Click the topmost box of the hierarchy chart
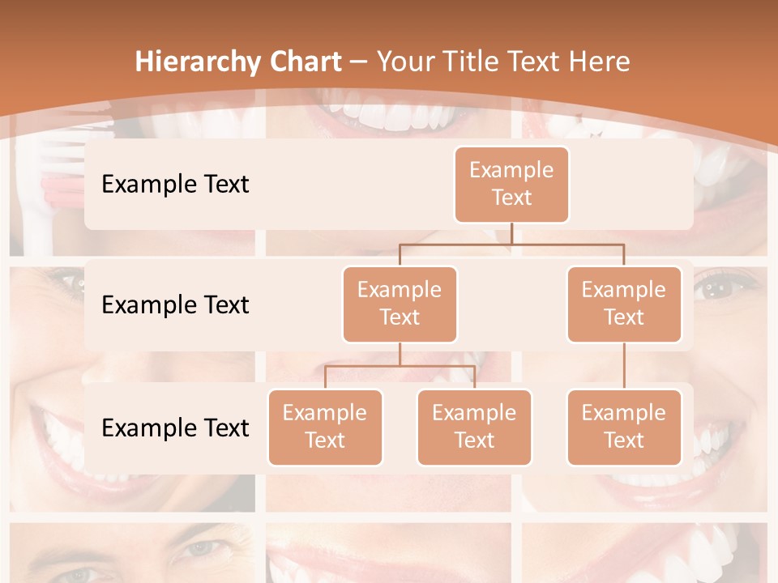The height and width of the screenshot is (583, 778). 511,184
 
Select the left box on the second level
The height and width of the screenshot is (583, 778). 400,304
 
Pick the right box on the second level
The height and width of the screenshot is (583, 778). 624,304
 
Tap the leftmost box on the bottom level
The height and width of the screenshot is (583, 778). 325,427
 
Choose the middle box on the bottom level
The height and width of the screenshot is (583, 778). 474,427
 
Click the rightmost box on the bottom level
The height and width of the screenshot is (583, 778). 624,427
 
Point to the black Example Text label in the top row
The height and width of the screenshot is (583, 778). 175,184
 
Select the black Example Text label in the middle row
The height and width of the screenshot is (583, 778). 175,304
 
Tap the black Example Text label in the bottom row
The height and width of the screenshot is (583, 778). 175,428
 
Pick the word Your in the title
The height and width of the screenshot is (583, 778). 404,62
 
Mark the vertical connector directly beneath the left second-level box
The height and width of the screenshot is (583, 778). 400,354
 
